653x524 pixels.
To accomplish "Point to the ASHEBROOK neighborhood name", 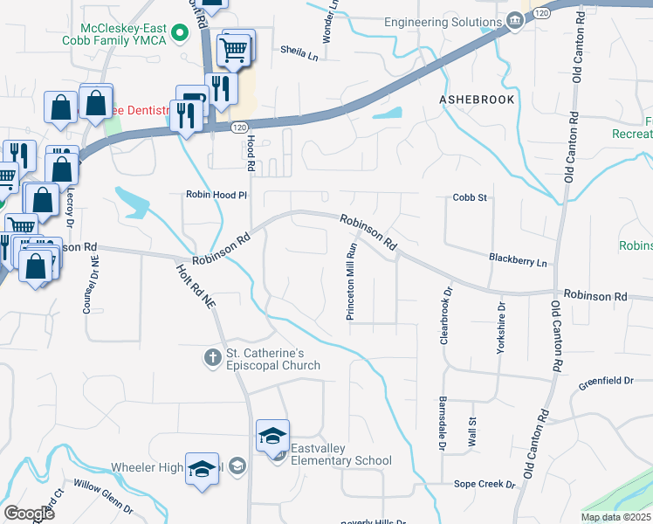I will pos(477,100).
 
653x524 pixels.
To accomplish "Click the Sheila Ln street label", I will pos(299,53).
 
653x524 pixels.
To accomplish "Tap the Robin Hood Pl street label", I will pos(217,195).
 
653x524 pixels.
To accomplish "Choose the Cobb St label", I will pos(469,197).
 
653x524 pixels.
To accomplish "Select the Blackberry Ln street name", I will pos(517,261).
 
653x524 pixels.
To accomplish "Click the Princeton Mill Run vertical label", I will pos(352,282).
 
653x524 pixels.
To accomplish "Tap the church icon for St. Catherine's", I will pos(212,357).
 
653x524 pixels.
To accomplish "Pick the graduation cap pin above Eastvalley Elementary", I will pos(272,435).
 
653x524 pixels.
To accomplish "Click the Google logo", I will pos(30,513).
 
